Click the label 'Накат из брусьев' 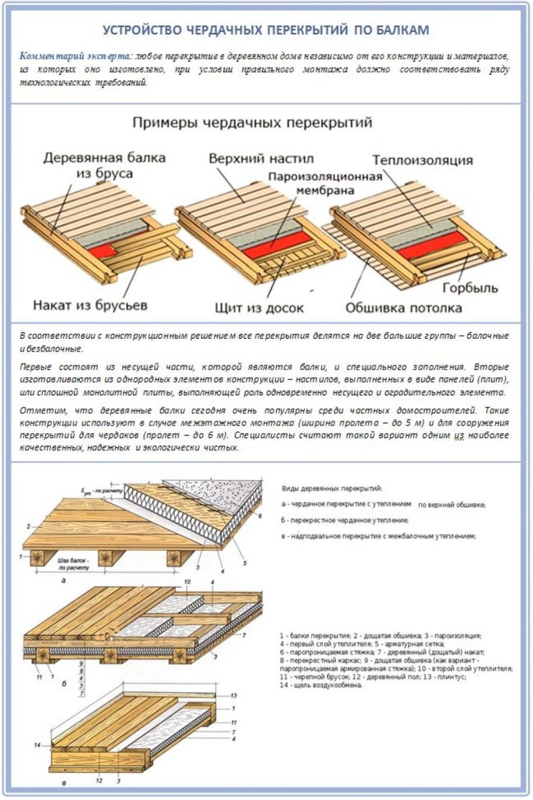(x=90, y=305)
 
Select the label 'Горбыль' (x=470, y=288)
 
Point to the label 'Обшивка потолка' (x=404, y=308)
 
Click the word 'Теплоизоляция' (x=422, y=160)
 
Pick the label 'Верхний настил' (x=261, y=158)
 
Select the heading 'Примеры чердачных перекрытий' (x=252, y=122)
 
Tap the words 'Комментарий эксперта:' (x=77, y=57)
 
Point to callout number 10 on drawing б (x=187, y=582)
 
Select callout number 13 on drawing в (x=234, y=696)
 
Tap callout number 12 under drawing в (x=99, y=781)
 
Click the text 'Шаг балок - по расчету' (x=73, y=564)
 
